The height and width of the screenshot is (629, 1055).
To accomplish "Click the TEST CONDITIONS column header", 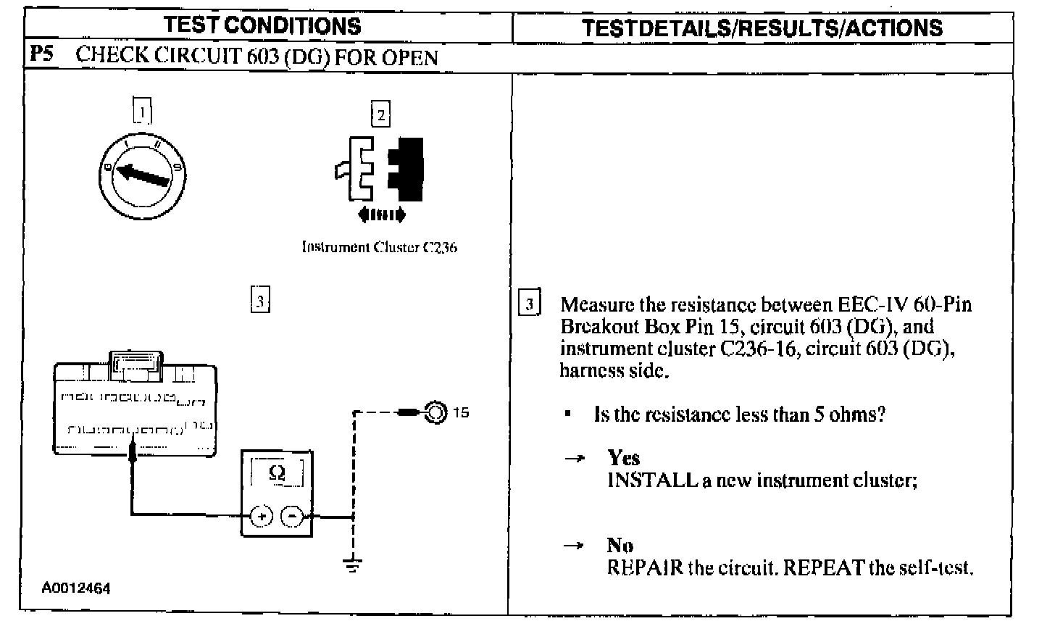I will coord(263,26).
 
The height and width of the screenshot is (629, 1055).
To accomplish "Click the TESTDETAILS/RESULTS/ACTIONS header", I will coord(762,28).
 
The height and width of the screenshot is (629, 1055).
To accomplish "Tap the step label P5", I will coord(41,55).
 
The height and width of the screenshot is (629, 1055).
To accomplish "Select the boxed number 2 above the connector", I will coord(380,114).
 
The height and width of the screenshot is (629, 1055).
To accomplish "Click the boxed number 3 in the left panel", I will coord(259,299).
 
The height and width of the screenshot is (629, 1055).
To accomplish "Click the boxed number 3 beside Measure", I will coord(530,303).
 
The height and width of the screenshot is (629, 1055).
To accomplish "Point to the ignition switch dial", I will coord(141,172).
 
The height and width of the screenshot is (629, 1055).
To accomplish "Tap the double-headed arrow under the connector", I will coord(382,214).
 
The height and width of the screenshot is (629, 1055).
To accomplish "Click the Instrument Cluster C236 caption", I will coord(379,247).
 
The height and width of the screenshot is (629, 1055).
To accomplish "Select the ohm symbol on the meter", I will coord(276,472).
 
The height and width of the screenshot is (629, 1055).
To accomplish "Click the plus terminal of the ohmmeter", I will coord(260,516).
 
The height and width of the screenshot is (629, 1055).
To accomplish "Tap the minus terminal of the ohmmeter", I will coord(291,516).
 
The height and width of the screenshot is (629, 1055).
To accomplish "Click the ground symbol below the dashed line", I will coord(353,565).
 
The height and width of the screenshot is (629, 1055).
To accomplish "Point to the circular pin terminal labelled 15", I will coord(435,413).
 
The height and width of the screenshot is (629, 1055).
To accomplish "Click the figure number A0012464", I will coord(76,588).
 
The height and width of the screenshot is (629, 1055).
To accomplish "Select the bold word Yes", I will coord(623,457).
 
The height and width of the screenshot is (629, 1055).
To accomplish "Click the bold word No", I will coord(620,545).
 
